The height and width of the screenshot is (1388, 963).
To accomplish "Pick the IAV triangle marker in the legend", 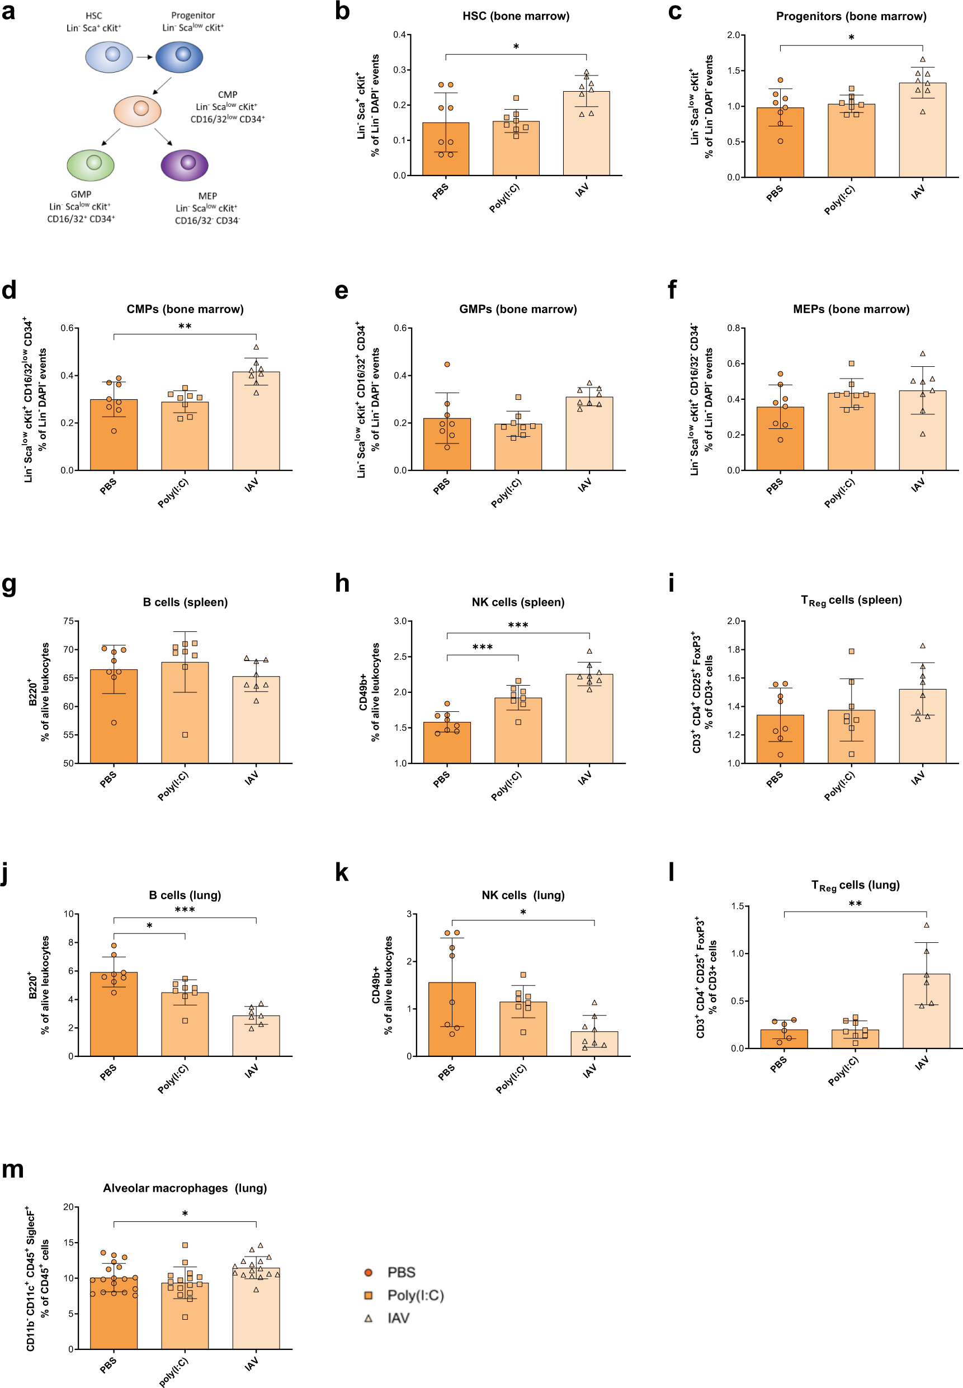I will click(368, 1318).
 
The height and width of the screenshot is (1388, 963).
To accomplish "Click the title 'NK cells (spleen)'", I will click(518, 602).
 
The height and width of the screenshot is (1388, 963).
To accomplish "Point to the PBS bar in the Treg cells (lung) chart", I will click(784, 1038).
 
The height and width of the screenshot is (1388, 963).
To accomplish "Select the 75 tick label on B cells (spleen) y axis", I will click(69, 621).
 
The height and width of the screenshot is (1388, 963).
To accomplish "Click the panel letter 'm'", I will click(13, 1170).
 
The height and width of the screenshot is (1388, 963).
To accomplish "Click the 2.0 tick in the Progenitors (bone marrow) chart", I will click(733, 35).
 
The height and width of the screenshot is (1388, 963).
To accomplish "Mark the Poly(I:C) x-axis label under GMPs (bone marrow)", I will click(506, 493).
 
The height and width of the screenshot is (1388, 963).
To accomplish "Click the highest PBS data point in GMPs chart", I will click(447, 365).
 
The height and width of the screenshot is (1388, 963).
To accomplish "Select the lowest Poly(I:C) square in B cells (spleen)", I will click(185, 735).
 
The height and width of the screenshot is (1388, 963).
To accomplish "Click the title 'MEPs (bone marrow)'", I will click(851, 309).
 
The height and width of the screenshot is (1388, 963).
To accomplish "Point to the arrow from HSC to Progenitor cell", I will click(144, 57).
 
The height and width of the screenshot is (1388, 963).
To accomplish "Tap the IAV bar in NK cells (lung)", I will click(594, 1044).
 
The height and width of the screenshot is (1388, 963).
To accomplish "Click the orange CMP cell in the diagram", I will click(138, 110).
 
